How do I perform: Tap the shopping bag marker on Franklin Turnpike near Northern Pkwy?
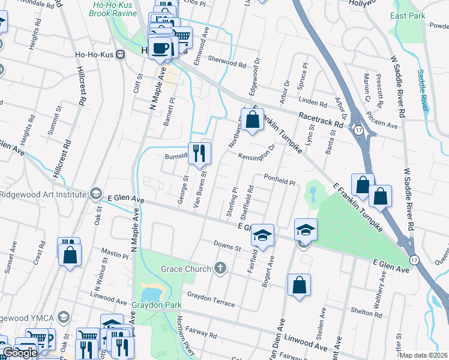[253, 119]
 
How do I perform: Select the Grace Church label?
[188, 268]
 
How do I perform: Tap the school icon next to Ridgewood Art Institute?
[95, 193]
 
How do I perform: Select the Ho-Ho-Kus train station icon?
[121, 54]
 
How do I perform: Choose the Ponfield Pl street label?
[280, 179]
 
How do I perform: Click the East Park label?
[407, 16]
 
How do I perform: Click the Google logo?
[19, 353]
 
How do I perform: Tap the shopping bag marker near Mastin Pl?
[70, 253]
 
